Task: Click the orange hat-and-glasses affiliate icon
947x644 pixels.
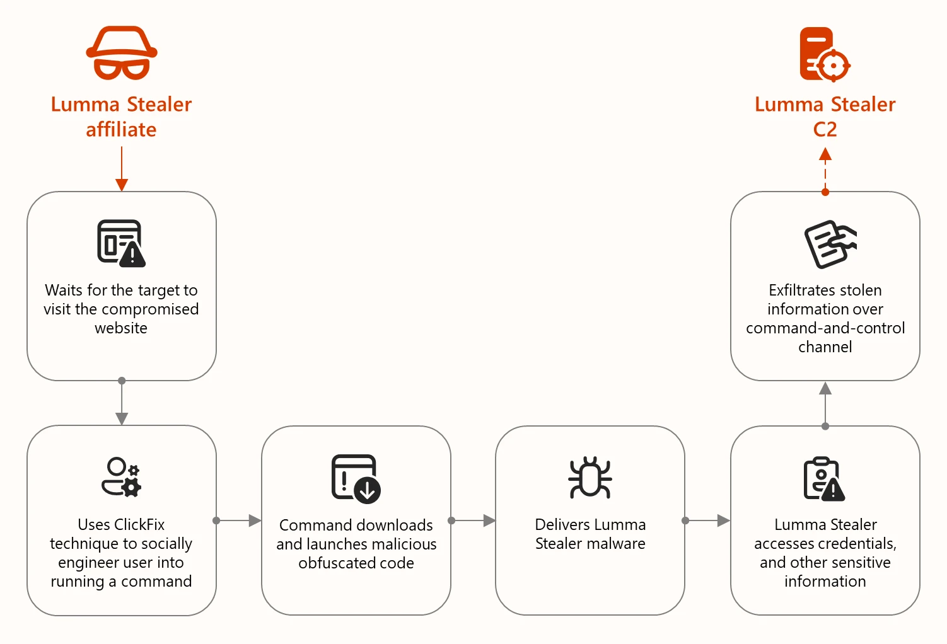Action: (122, 53)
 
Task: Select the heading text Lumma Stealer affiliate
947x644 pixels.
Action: (121, 117)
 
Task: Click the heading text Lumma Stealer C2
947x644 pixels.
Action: (825, 117)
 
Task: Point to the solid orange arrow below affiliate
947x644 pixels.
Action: (122, 169)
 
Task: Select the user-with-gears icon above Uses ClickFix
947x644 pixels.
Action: (121, 478)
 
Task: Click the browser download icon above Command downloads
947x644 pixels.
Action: (356, 478)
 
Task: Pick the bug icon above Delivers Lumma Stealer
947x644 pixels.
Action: (590, 478)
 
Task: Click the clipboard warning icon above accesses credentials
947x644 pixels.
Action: (824, 479)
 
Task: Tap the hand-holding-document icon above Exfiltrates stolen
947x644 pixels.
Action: (830, 244)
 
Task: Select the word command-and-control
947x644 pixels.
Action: (825, 328)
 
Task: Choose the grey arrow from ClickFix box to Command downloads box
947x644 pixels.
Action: (238, 520)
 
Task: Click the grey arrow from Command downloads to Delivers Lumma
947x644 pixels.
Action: (473, 520)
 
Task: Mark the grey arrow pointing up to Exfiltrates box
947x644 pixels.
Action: (825, 403)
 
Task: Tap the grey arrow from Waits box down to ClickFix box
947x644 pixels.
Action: (122, 403)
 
